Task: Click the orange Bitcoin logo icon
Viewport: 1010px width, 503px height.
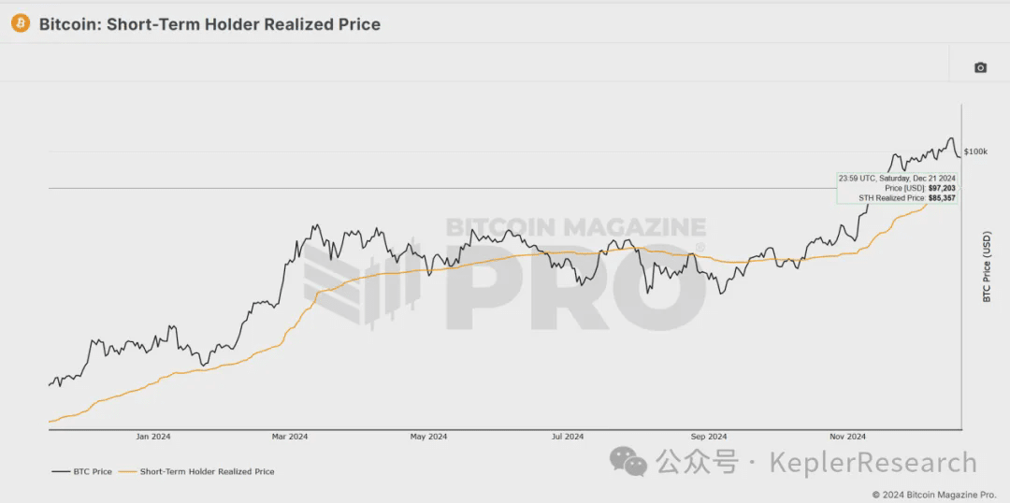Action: click(x=21, y=23)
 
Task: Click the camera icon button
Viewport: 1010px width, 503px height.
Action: click(x=980, y=67)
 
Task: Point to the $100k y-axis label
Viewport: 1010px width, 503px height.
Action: click(x=975, y=151)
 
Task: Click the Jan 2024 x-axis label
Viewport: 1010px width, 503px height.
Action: click(x=153, y=436)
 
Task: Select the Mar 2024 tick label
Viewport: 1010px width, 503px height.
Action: click(x=290, y=436)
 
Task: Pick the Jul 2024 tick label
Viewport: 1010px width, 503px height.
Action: click(x=568, y=436)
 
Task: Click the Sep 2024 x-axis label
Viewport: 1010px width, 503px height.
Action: click(x=709, y=436)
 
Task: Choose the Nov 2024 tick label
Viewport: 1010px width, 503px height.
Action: click(x=848, y=436)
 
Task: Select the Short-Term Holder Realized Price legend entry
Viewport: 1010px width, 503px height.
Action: click(x=207, y=471)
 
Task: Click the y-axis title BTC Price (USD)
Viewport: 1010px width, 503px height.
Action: click(x=986, y=266)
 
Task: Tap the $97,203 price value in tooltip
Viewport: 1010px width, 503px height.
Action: click(x=942, y=188)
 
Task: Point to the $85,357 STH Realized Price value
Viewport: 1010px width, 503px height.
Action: click(x=941, y=198)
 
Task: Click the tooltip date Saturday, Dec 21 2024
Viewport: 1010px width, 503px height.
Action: click(x=916, y=178)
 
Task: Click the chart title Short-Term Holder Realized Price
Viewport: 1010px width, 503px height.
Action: click(x=243, y=24)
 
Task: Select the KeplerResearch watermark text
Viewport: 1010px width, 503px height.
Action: click(x=873, y=462)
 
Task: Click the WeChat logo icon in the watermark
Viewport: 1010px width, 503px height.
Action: click(x=628, y=461)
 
